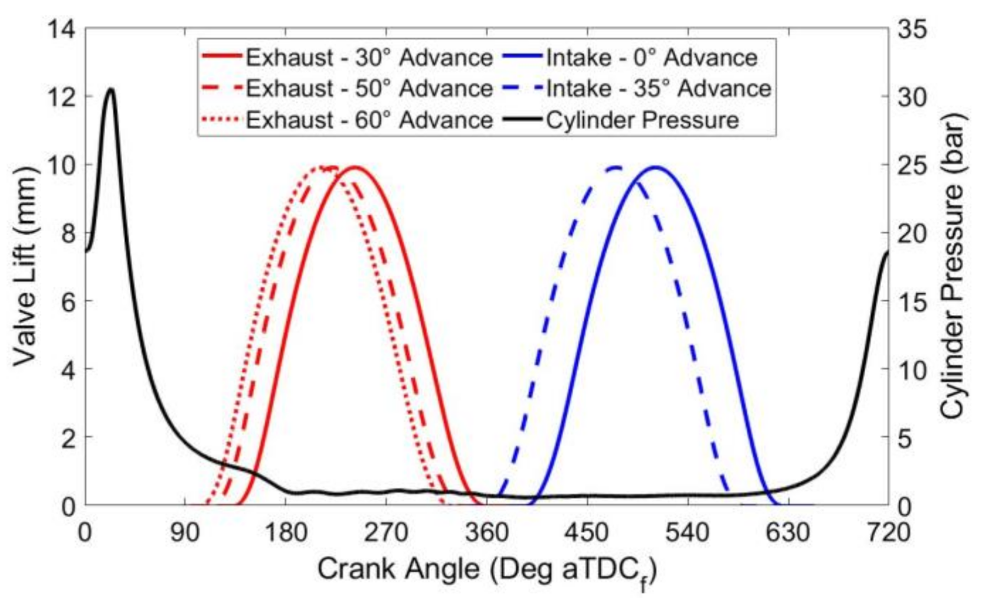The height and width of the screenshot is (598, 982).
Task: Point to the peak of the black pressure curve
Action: tap(110, 89)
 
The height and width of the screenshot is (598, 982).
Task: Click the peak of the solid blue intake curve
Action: tap(656, 167)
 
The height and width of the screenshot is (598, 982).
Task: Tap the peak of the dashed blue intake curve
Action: tap(616, 167)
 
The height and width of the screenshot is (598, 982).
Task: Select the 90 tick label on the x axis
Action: tap(185, 533)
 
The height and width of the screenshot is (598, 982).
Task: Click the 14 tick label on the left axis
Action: tap(61, 29)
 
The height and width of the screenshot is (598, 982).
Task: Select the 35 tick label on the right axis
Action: tap(912, 29)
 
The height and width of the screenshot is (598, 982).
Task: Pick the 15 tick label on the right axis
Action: tap(912, 301)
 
